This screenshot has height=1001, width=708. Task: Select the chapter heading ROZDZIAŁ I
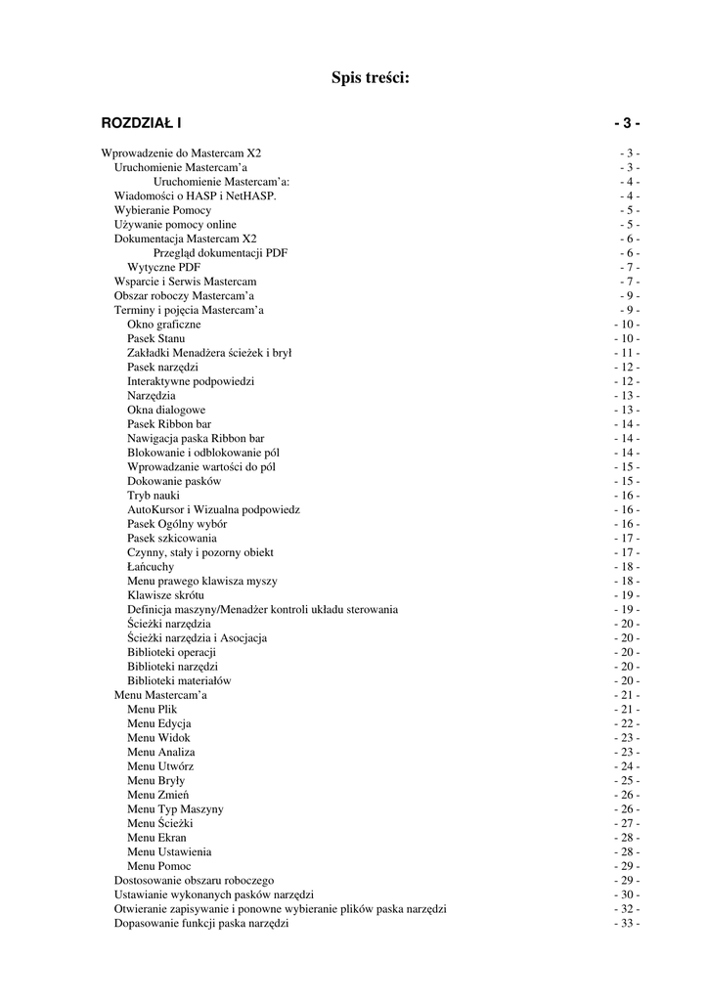click(x=141, y=123)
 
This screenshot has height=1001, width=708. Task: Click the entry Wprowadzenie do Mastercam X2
click(x=181, y=153)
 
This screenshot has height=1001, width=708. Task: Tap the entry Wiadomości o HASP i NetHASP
click(x=196, y=196)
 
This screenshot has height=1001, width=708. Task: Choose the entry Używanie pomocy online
click(x=175, y=224)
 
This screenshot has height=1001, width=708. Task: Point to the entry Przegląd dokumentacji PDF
click(x=220, y=252)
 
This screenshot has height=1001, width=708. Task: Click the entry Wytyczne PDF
click(x=164, y=267)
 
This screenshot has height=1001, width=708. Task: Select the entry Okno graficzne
click(x=164, y=324)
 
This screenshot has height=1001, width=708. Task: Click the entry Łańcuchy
click(x=152, y=566)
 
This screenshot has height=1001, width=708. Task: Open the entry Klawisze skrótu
click(x=165, y=594)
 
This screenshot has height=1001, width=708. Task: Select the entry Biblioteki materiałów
click(x=179, y=680)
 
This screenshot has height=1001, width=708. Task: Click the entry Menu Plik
click(x=153, y=709)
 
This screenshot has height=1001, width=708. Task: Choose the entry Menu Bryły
click(x=156, y=780)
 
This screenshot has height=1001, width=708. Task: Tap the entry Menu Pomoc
click(x=159, y=866)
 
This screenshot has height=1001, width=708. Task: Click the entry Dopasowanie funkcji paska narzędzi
click(x=201, y=923)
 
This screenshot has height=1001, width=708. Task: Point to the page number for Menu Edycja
click(x=627, y=723)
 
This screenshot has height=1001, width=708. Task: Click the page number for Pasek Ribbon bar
click(x=627, y=424)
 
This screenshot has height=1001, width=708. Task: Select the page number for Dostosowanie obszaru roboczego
click(x=627, y=881)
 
